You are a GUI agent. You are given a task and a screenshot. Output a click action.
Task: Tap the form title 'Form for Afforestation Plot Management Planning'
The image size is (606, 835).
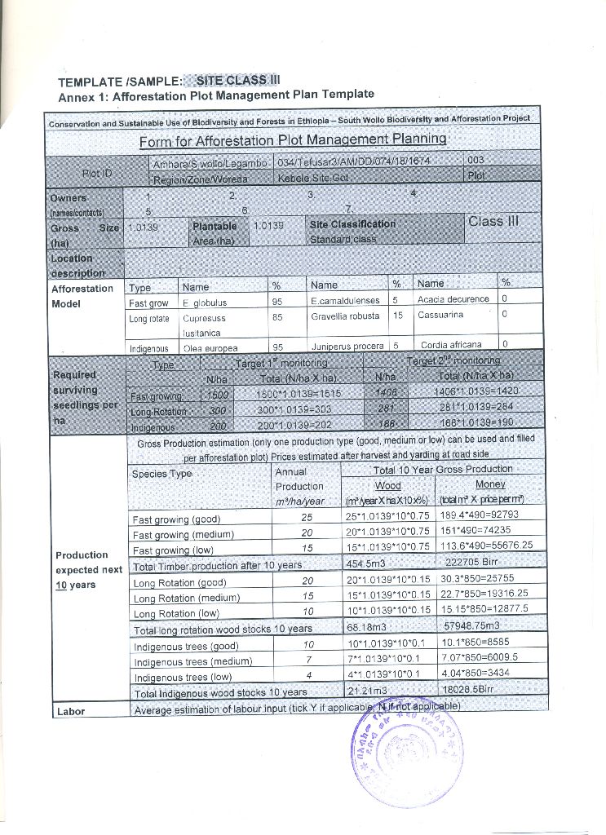click(293, 140)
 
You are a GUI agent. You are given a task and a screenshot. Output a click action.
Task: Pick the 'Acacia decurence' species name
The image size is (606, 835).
click(453, 300)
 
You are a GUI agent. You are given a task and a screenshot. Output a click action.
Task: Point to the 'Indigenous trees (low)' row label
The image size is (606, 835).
click(183, 677)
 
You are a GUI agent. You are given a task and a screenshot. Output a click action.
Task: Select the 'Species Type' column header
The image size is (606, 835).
click(161, 474)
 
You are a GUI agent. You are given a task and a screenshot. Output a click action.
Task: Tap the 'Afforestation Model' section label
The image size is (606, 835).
click(82, 295)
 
